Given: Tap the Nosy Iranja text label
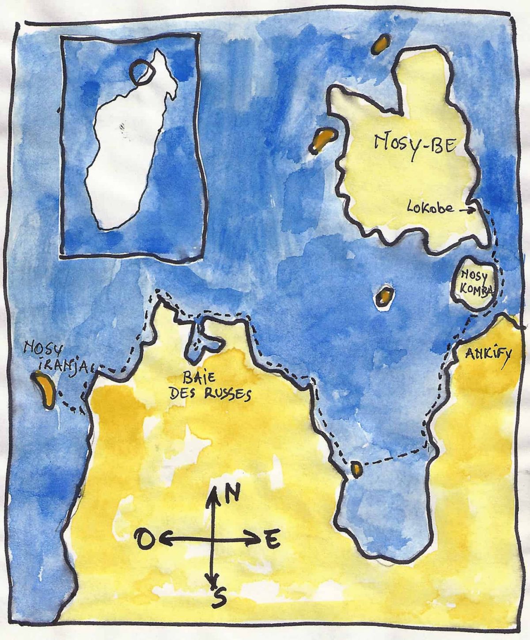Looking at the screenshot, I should click(x=55, y=356).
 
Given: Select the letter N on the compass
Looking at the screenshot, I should click(x=232, y=492).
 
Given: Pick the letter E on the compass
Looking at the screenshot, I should click(x=272, y=540).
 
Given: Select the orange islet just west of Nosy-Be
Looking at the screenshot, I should click(x=322, y=140).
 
